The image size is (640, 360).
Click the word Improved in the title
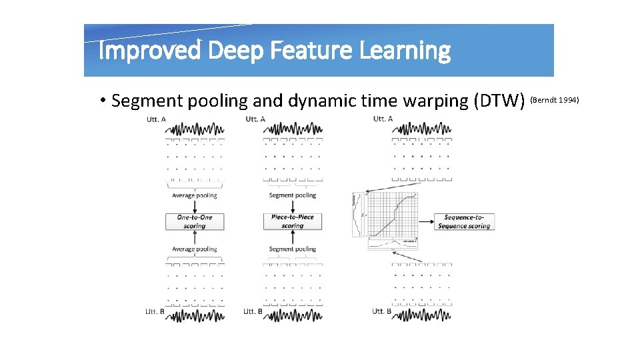(149, 51)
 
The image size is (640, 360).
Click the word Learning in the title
(407, 51)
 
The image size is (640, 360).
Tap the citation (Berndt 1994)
(555, 100)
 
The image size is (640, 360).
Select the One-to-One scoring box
(194, 222)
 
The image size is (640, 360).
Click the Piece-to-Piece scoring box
(292, 222)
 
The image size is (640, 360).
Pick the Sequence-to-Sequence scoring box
(464, 222)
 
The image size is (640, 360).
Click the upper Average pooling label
(194, 196)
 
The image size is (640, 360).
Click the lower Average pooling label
(194, 249)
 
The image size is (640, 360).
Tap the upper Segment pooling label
(292, 196)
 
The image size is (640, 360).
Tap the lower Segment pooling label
(292, 249)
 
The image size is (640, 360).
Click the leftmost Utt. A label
(156, 119)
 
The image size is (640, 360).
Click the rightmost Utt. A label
(383, 119)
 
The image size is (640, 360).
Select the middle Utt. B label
(253, 311)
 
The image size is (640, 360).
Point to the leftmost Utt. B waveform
(195, 315)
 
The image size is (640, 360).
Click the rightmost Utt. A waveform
(421, 128)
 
